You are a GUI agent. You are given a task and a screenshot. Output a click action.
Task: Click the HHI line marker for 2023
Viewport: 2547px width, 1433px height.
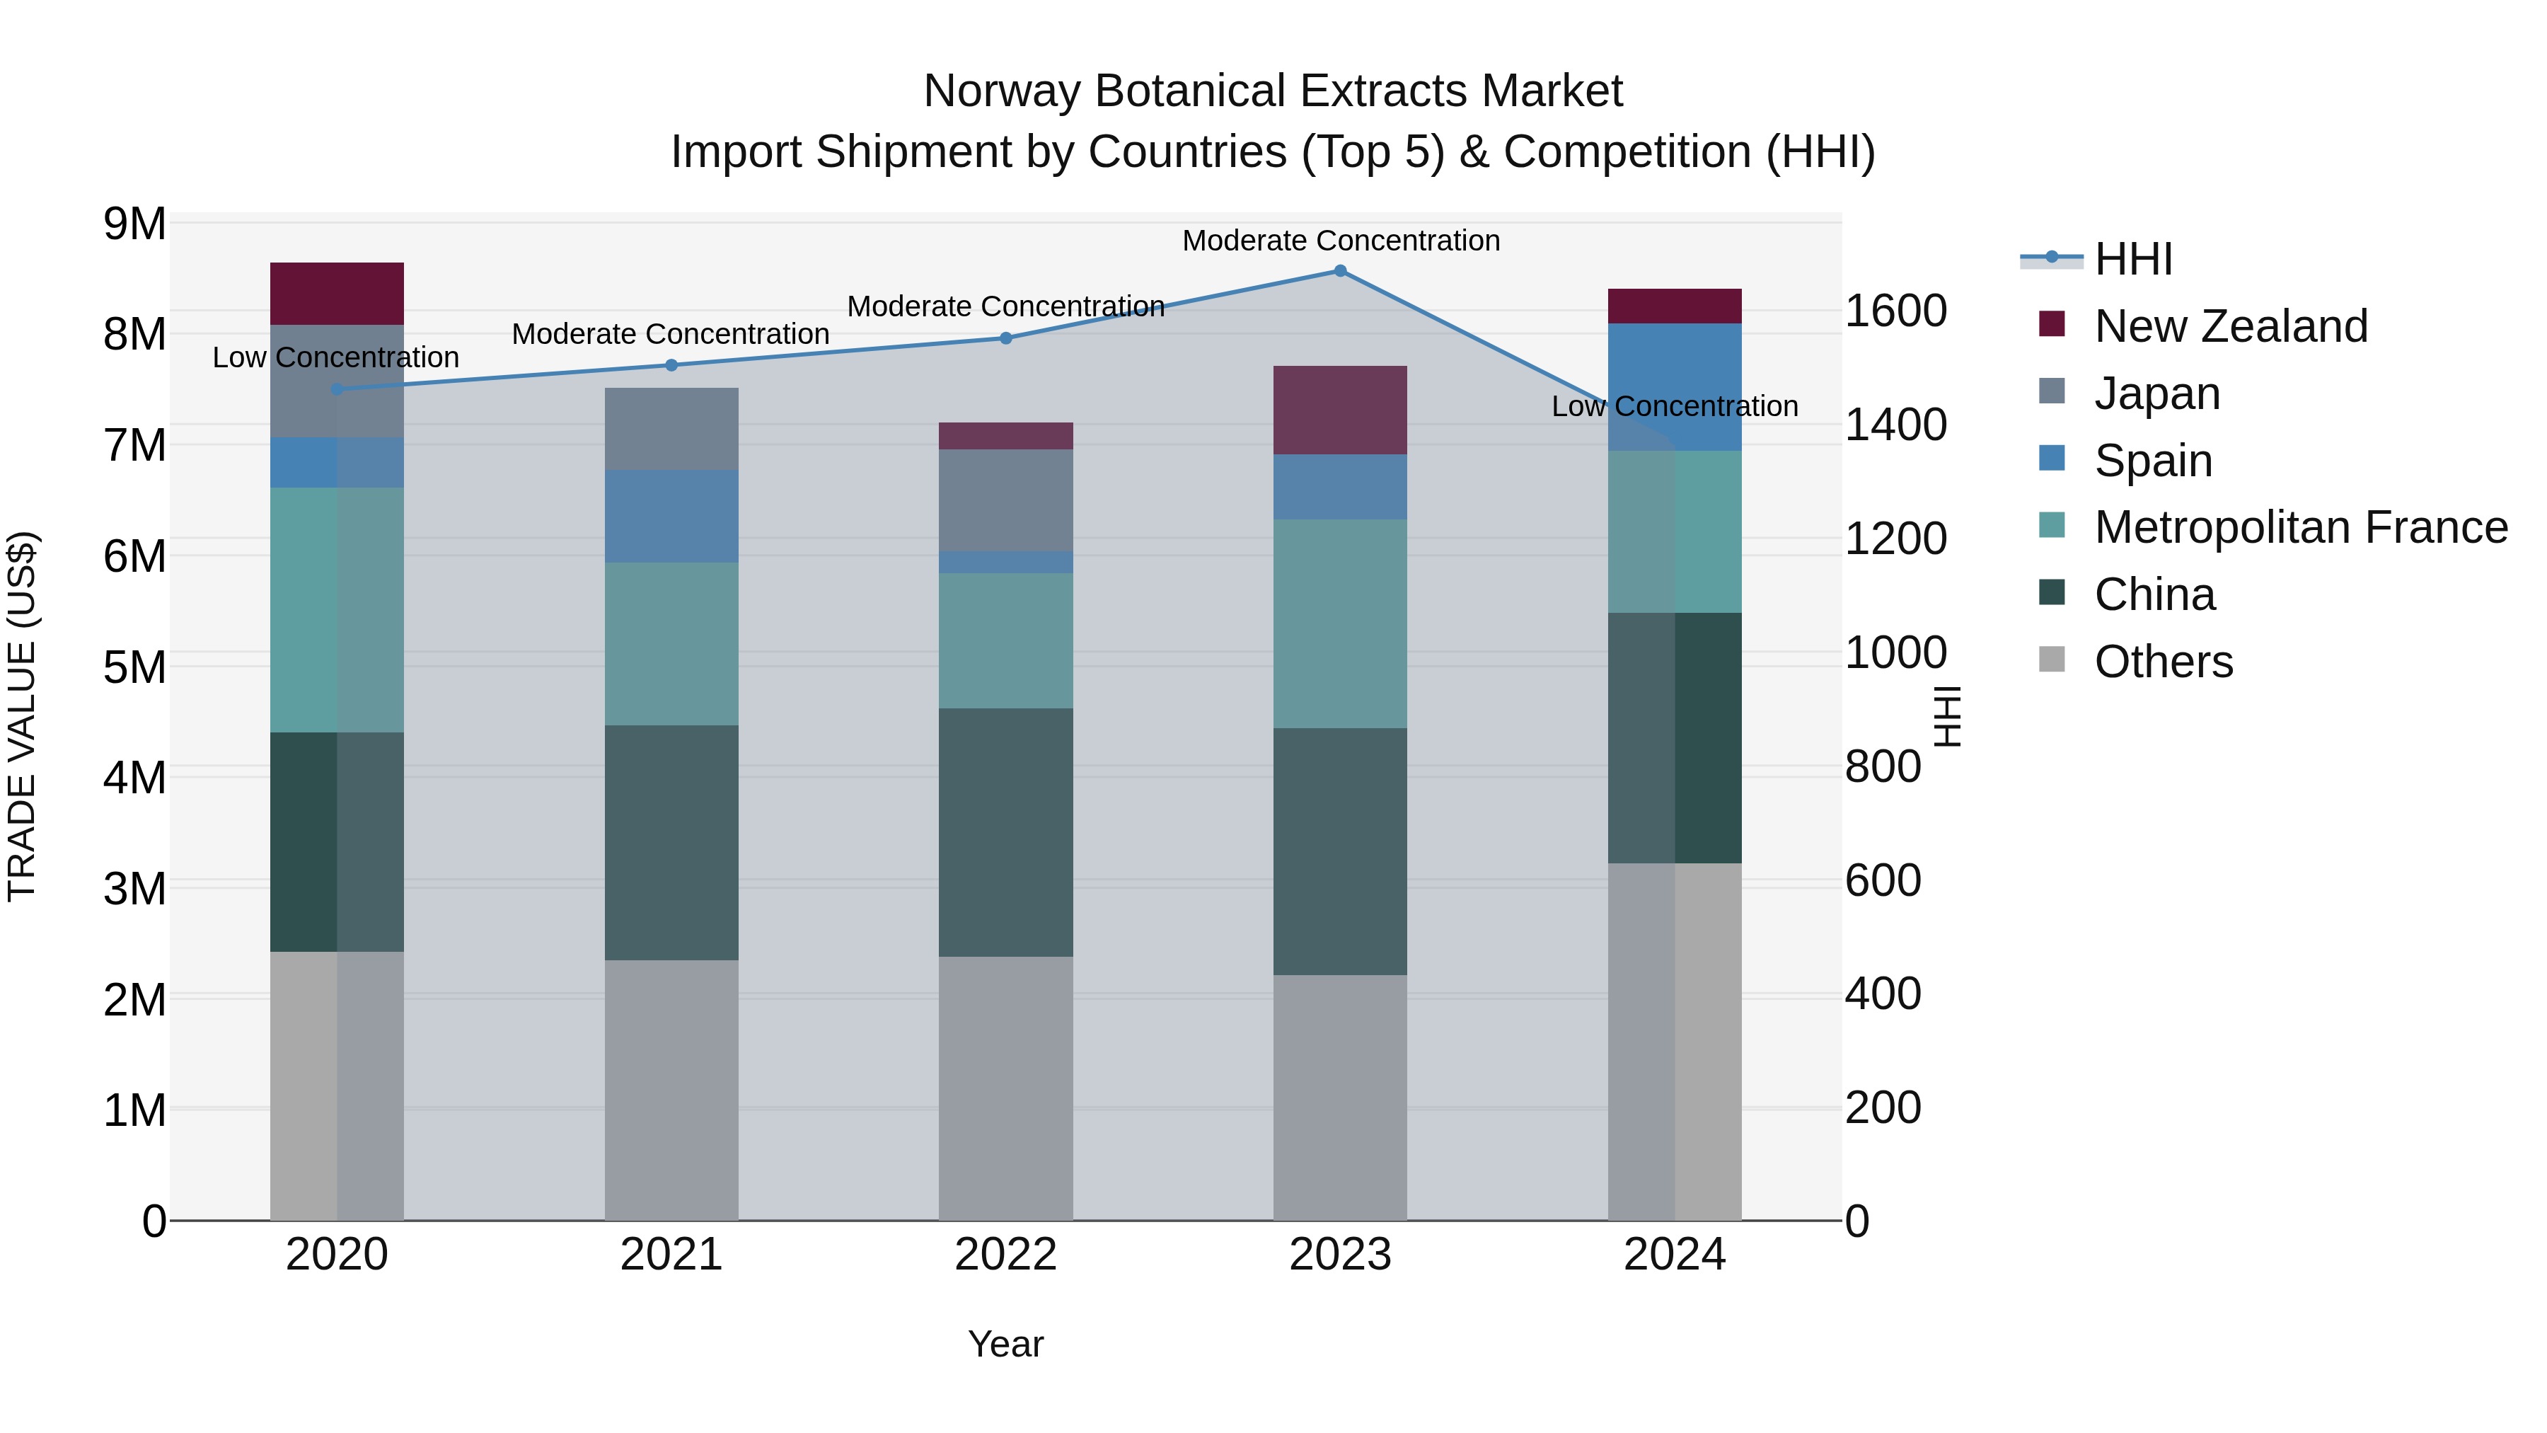pyautogui.click(x=1340, y=271)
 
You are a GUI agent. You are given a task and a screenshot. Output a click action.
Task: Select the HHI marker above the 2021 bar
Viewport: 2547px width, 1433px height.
pyautogui.click(x=671, y=365)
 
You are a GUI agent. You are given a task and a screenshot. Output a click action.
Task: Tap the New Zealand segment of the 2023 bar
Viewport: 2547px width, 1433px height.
pyautogui.click(x=1340, y=410)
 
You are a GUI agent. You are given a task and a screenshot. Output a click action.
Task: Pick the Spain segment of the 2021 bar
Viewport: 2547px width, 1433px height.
pyautogui.click(x=671, y=517)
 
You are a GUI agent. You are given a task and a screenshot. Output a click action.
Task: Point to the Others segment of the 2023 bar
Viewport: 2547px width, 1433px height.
pyautogui.click(x=1340, y=1098)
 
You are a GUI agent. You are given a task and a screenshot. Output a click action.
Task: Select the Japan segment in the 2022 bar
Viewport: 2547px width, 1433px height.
pyautogui.click(x=1005, y=500)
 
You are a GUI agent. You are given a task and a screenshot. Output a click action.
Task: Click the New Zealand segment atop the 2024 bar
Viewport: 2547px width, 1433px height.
pyautogui.click(x=1674, y=306)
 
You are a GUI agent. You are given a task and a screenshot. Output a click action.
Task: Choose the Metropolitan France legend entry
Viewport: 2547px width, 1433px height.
pyautogui.click(x=2300, y=528)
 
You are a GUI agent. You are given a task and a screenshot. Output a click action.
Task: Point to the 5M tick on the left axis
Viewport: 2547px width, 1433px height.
pyautogui.click(x=134, y=667)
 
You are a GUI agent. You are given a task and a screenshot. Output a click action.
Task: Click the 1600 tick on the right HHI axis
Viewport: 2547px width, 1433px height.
pyautogui.click(x=1895, y=311)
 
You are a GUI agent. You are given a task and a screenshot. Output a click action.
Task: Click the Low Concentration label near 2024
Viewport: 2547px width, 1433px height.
pyautogui.click(x=1674, y=406)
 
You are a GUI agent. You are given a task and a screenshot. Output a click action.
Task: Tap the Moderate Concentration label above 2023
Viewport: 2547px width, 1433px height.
pyautogui.click(x=1341, y=241)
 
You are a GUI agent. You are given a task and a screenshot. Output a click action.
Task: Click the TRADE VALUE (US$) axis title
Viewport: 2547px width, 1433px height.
pyautogui.click(x=22, y=716)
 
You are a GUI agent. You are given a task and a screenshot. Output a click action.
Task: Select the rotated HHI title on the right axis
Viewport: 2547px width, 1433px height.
pyautogui.click(x=1945, y=716)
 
